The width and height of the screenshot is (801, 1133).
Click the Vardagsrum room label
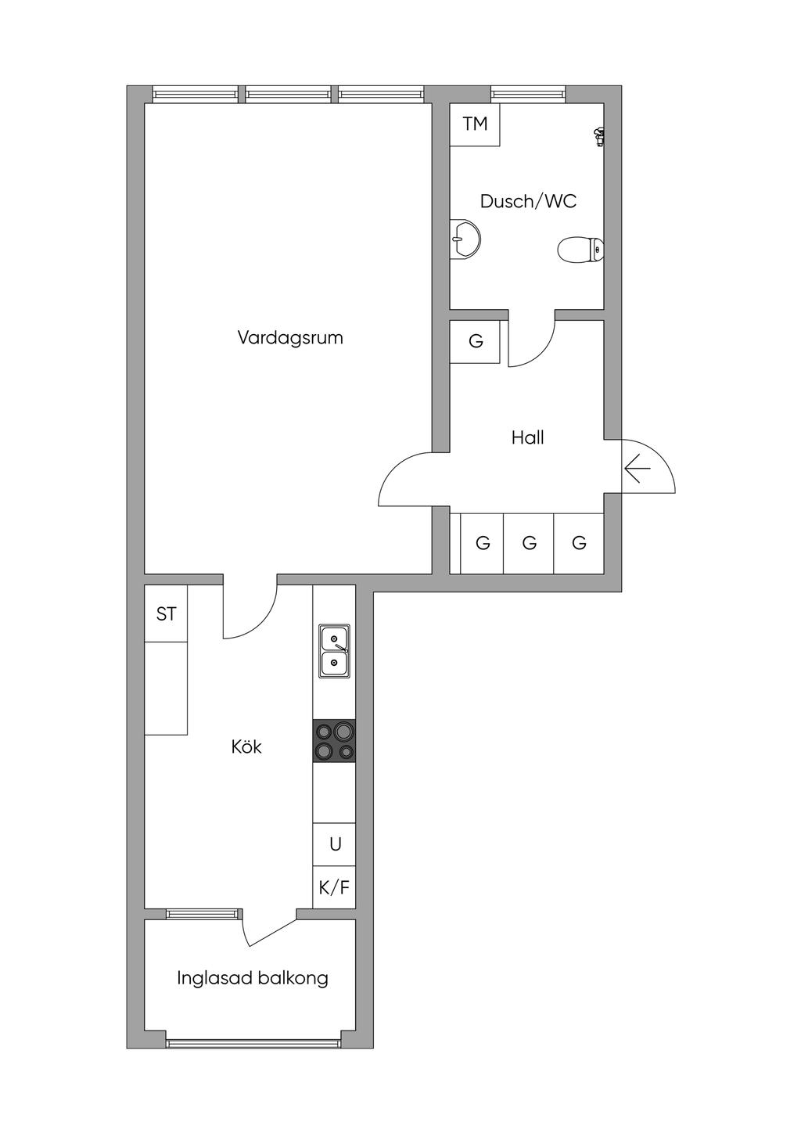[x=290, y=337]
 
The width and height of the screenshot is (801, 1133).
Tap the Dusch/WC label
[x=528, y=201]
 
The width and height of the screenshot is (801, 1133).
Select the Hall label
[x=527, y=437]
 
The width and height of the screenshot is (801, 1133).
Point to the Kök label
[x=246, y=746]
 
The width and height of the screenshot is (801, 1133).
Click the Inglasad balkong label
[x=253, y=978]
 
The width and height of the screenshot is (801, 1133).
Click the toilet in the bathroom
[x=580, y=250]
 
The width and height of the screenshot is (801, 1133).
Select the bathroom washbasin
[x=465, y=239]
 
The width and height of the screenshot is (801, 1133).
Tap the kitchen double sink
[x=334, y=651]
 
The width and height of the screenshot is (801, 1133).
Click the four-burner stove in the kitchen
[x=334, y=740]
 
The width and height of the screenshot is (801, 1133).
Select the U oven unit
[x=334, y=844]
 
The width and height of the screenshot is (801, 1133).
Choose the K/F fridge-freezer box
[x=334, y=887]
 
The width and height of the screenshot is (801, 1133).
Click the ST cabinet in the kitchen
[x=166, y=614]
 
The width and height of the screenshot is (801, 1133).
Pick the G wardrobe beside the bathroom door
[x=475, y=341]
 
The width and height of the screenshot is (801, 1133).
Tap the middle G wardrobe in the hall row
[x=529, y=544]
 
